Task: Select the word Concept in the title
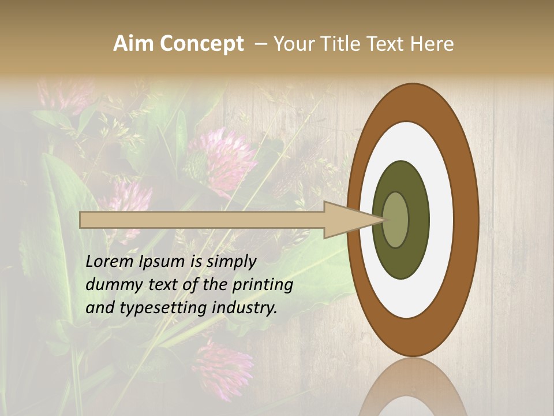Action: [201, 44]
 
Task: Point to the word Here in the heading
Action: [432, 44]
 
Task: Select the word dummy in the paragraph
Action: [111, 285]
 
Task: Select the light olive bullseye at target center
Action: [395, 220]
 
